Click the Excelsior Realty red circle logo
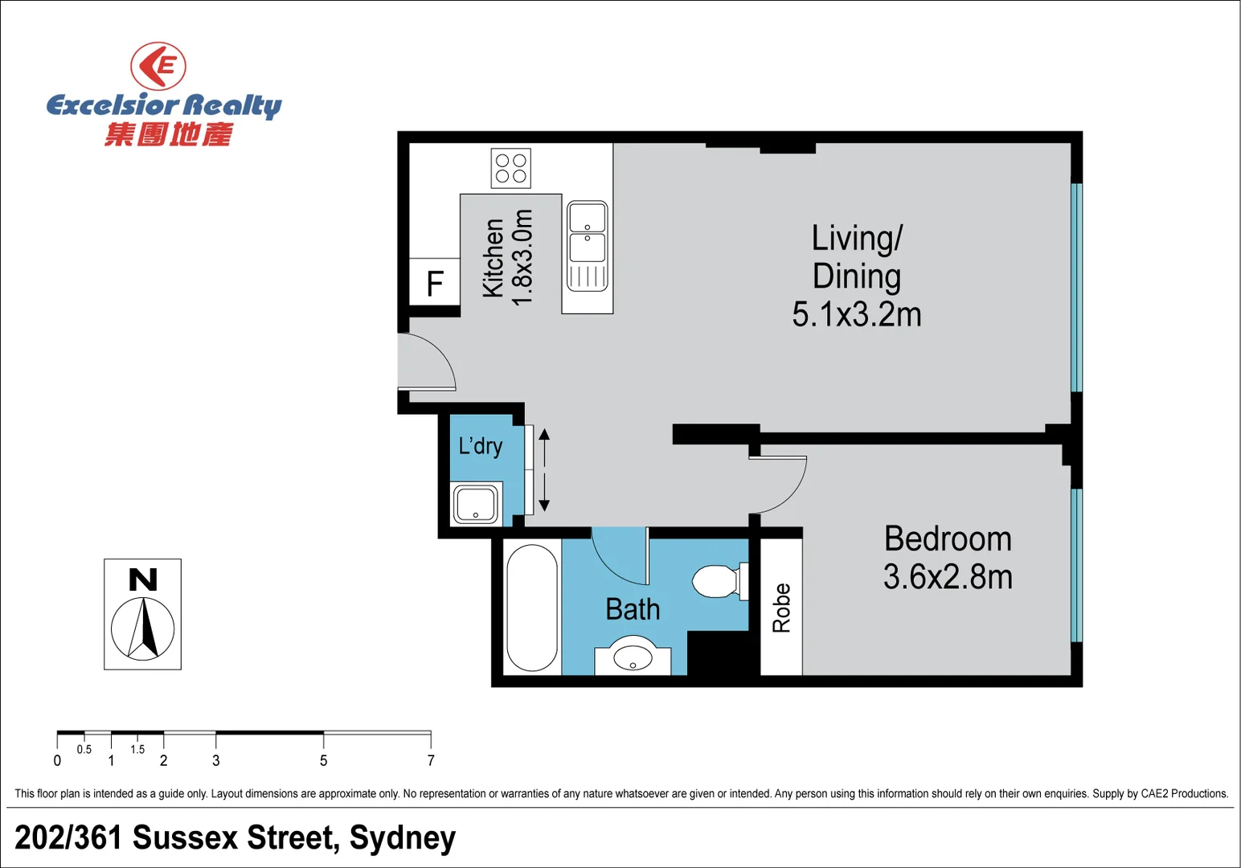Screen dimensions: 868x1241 (x=158, y=66)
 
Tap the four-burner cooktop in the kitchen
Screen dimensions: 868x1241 (x=511, y=168)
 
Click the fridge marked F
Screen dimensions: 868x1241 (x=434, y=283)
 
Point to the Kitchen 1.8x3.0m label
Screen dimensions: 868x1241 (x=507, y=257)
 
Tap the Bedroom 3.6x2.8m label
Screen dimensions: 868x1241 (x=948, y=558)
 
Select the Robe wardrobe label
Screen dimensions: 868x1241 (x=781, y=608)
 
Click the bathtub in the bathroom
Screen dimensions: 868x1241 (x=532, y=608)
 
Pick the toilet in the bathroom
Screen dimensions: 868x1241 (x=717, y=581)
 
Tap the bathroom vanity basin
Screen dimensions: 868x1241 (x=633, y=658)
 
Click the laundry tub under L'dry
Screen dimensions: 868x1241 (x=476, y=505)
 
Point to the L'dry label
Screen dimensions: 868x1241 (x=481, y=445)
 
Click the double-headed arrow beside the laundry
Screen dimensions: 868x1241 (x=544, y=470)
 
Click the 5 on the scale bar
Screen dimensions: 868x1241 (x=324, y=760)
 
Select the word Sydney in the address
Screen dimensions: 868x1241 (x=403, y=837)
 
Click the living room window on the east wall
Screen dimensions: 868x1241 (x=1076, y=287)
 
